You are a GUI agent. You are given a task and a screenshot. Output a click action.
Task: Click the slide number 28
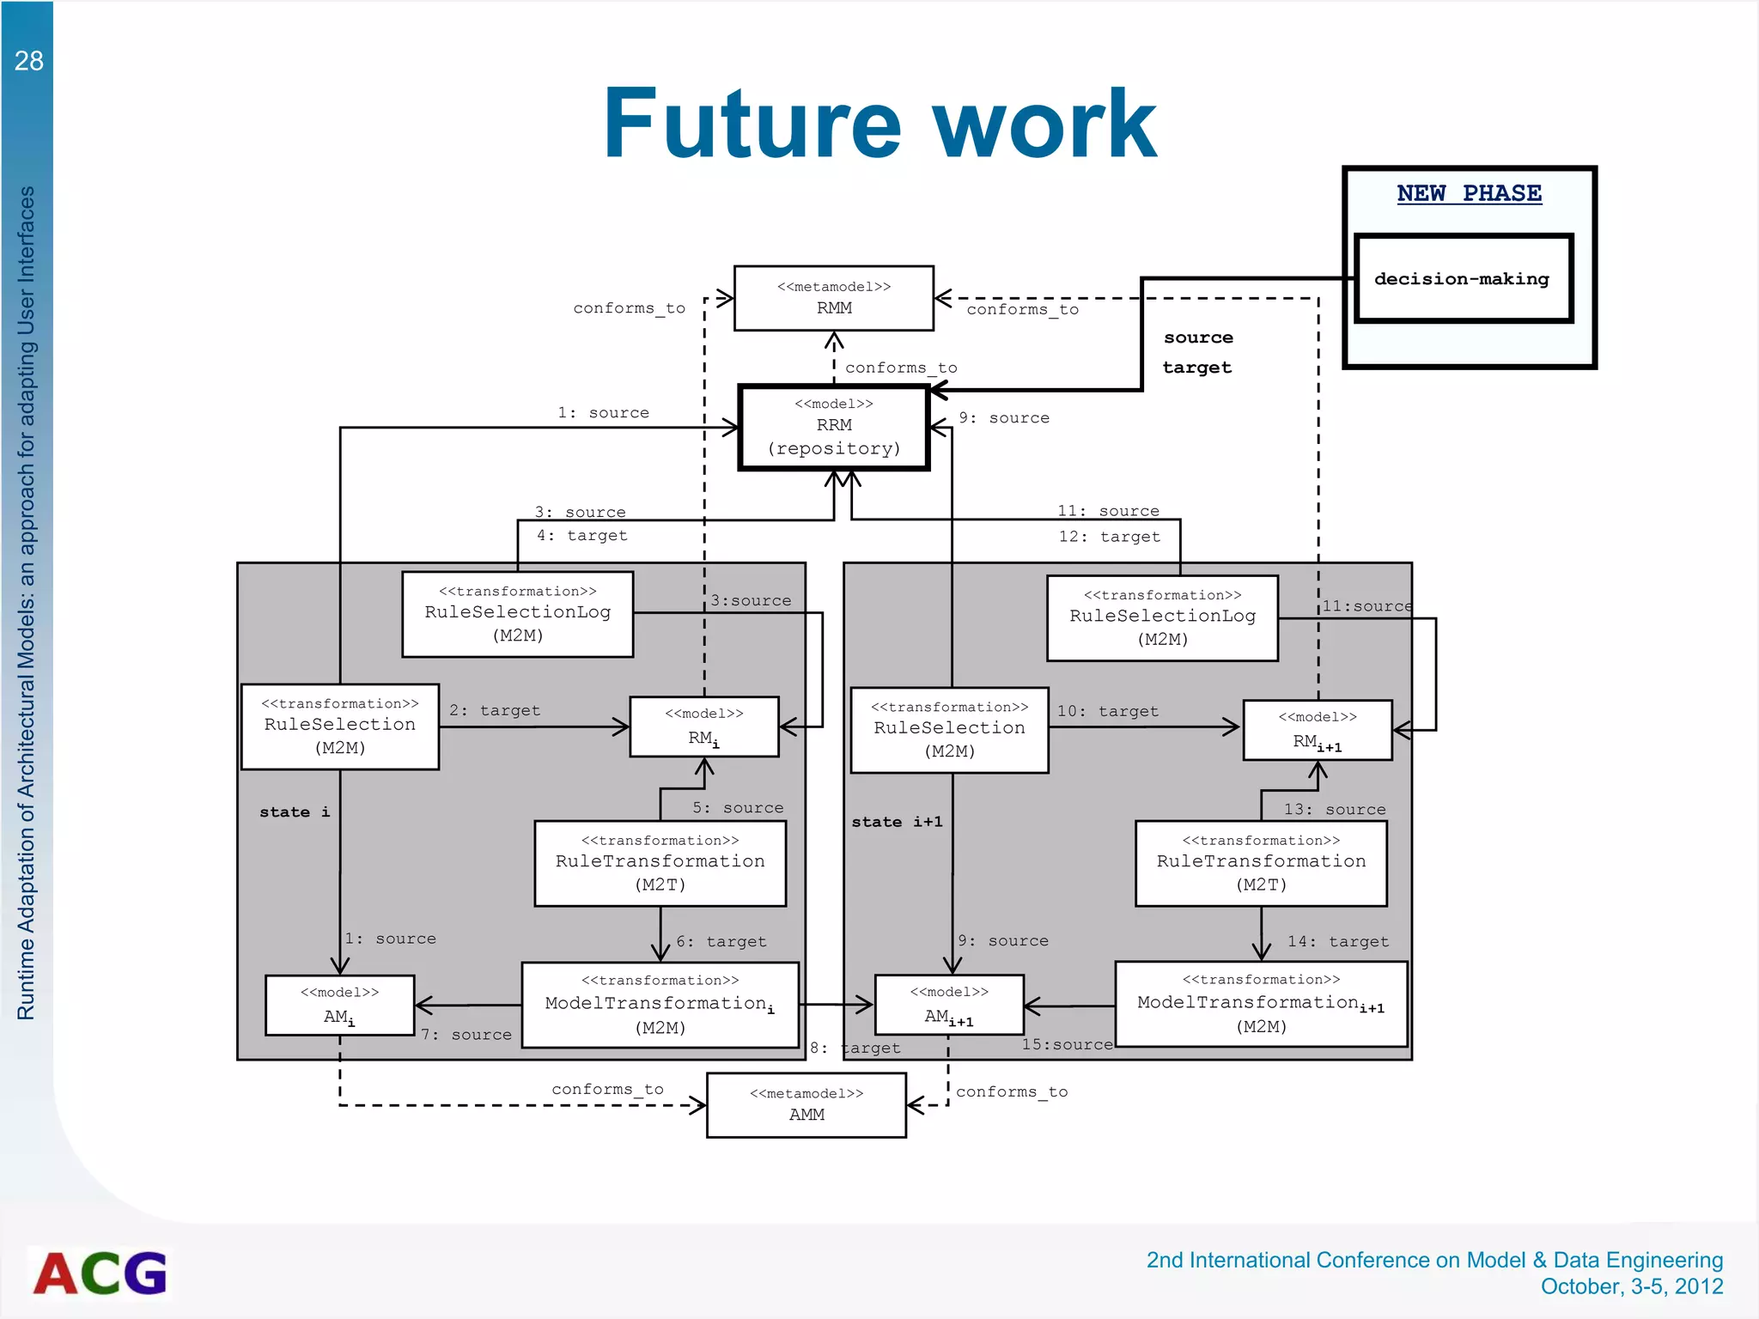pyautogui.click(x=28, y=61)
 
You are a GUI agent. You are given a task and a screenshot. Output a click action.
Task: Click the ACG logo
pyautogui.click(x=100, y=1273)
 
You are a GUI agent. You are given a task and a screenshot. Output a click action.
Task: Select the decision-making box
pyautogui.click(x=1463, y=278)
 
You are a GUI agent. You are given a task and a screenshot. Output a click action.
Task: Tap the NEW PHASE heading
pyautogui.click(x=1469, y=193)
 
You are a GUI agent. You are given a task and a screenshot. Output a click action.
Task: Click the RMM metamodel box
pyautogui.click(x=833, y=298)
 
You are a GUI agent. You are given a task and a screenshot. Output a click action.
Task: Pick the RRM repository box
pyautogui.click(x=833, y=427)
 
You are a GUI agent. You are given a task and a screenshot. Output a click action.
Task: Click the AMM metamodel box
pyautogui.click(x=806, y=1105)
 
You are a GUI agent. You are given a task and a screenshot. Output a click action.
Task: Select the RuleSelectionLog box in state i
pyautogui.click(x=517, y=614)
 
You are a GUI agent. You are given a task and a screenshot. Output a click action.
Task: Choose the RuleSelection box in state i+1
pyautogui.click(x=949, y=729)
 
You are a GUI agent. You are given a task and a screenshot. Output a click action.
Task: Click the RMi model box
pyautogui.click(x=703, y=726)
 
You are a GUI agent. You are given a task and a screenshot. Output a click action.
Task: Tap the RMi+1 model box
pyautogui.click(x=1317, y=730)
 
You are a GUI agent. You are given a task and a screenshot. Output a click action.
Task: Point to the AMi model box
pyautogui.click(x=339, y=1005)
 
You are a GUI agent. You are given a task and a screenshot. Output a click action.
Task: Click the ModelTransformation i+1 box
pyautogui.click(x=1260, y=1003)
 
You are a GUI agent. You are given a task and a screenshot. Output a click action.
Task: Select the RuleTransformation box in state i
pyautogui.click(x=660, y=863)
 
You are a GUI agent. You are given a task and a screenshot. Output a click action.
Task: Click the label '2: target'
pyautogui.click(x=495, y=710)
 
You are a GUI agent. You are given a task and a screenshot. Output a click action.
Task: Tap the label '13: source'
pyautogui.click(x=1334, y=809)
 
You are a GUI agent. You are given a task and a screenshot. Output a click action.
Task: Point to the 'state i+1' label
pyautogui.click(x=897, y=822)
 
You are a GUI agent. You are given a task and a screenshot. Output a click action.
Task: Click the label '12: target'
pyautogui.click(x=1109, y=537)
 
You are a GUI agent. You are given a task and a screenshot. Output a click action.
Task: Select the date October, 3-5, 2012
pyautogui.click(x=1631, y=1286)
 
